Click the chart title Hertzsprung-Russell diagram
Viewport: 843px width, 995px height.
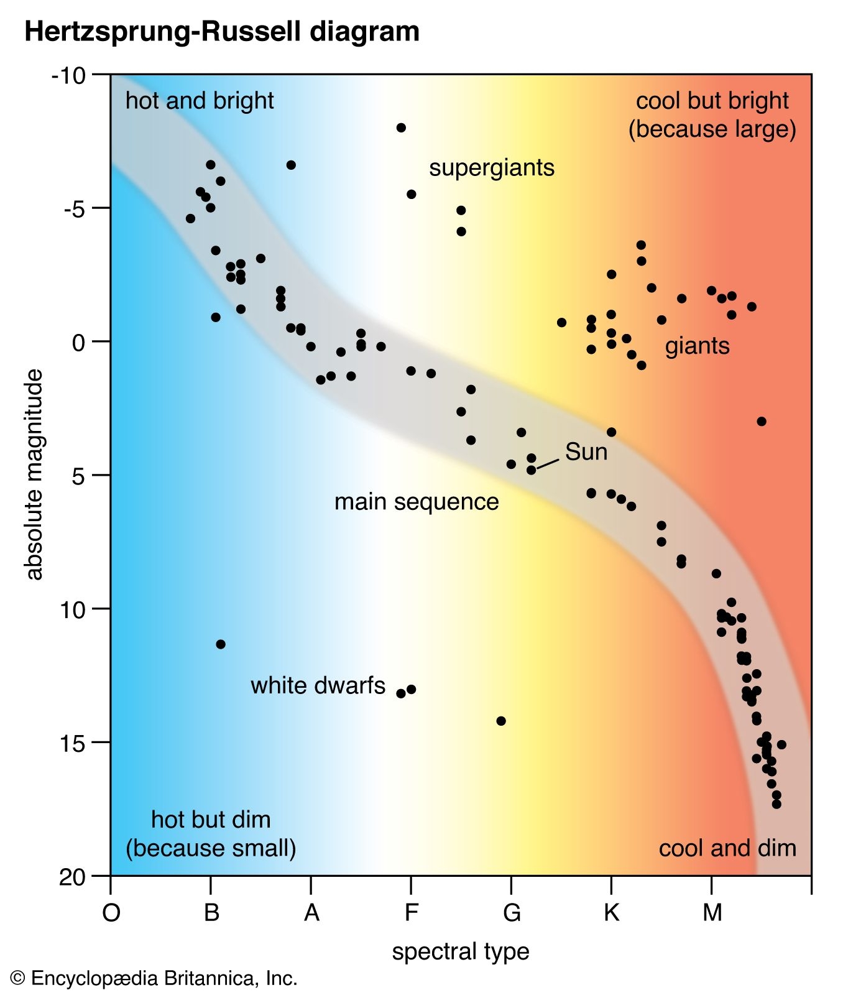tap(221, 31)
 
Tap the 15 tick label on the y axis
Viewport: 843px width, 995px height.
tap(73, 743)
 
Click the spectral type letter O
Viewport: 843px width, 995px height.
tap(111, 913)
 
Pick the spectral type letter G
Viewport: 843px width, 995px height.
tap(511, 913)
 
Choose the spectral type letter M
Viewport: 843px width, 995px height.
tap(712, 913)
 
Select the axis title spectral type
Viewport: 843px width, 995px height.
tap(460, 951)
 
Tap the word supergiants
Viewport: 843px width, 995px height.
tap(491, 168)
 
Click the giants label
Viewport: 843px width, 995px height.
tap(697, 346)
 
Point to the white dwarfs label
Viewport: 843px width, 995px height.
tap(318, 685)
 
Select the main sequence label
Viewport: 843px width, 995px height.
tap(416, 502)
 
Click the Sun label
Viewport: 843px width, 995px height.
tap(586, 452)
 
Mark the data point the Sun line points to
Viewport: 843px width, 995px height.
tap(531, 470)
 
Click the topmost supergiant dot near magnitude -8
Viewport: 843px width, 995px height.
tap(401, 127)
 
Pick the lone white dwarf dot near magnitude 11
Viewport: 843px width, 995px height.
tap(220, 644)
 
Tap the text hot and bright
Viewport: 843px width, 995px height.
tap(199, 101)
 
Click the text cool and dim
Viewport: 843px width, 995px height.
tap(727, 848)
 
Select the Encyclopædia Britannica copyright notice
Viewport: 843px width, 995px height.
tap(154, 979)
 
